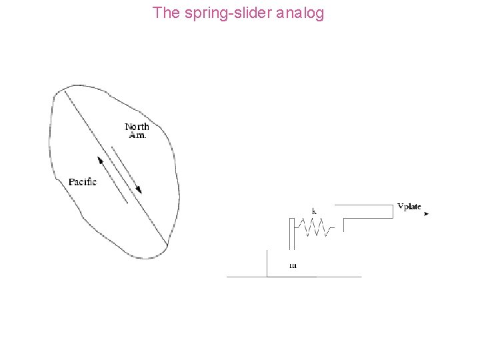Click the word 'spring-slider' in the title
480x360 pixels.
[215, 13]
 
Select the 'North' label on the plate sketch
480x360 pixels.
[137, 126]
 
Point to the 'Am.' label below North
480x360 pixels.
[137, 135]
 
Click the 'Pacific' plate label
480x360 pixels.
[83, 181]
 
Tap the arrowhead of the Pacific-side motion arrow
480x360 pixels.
[100, 160]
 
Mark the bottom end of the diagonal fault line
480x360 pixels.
[166, 245]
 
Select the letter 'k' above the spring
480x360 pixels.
[314, 211]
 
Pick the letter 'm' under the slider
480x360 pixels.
[293, 265]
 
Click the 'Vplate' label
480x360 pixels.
[409, 206]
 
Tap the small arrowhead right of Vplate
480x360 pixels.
[426, 214]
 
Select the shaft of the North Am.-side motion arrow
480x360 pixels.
[125, 169]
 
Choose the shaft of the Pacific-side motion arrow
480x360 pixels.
[113, 181]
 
